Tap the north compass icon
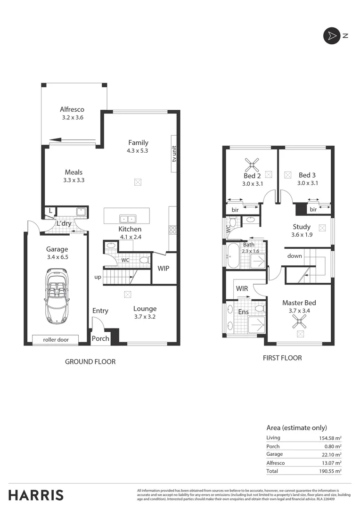[331, 36]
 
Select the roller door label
[57, 339]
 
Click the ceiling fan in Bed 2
[252, 164]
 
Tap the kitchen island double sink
[128, 219]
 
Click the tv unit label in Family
[174, 154]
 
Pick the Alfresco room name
[72, 109]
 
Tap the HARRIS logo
[36, 495]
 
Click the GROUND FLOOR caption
[90, 362]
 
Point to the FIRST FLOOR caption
[282, 358]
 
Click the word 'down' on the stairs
[295, 256]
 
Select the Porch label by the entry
[100, 338]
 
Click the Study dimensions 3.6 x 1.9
[302, 235]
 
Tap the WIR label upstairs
[242, 288]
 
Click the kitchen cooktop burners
[172, 230]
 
